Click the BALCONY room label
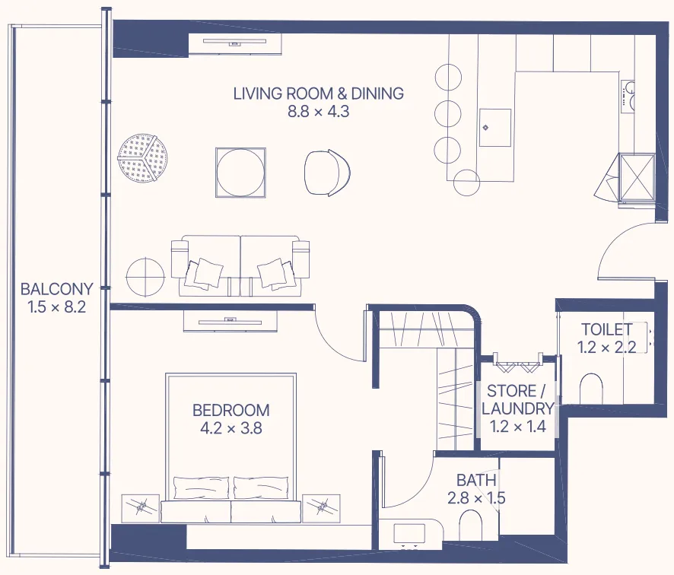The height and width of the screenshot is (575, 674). click(56, 289)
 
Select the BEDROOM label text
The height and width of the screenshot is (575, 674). click(230, 410)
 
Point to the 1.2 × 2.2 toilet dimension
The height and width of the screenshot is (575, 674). click(606, 348)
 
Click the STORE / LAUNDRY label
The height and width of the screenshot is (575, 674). click(516, 400)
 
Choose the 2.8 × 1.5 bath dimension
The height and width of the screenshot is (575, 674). click(476, 499)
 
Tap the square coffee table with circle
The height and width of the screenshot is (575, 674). click(242, 173)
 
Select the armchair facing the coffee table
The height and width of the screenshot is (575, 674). click(328, 173)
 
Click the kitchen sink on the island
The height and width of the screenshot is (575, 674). click(495, 127)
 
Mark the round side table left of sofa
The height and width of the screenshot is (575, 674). click(145, 277)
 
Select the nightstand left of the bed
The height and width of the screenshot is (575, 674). click(140, 507)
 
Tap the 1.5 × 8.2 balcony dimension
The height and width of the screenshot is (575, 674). click(56, 307)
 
